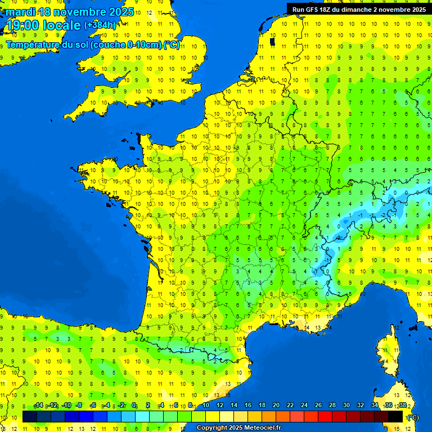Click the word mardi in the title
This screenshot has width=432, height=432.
[x=20, y=12]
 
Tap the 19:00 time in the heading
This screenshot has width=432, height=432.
[x=22, y=25]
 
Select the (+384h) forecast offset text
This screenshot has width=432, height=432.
[x=100, y=25]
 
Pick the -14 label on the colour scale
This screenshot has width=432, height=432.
[x=38, y=406]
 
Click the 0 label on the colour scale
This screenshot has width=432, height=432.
[x=134, y=406]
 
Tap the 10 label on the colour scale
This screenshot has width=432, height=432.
[x=205, y=406]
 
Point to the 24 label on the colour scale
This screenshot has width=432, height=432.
[x=304, y=406]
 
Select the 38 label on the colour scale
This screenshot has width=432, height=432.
[x=403, y=406]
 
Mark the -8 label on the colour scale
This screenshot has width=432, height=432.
[x=80, y=406]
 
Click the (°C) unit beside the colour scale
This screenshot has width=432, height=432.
[x=413, y=417]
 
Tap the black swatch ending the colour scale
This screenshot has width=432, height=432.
[x=396, y=416]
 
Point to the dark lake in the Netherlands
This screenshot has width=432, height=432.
[x=273, y=41]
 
